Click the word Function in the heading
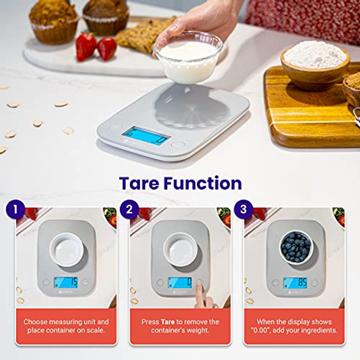click(205, 183)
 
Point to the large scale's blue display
click(146, 134)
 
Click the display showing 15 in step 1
click(66, 282)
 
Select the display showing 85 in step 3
click(295, 282)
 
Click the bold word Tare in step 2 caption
click(167, 322)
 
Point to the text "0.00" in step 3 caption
click(261, 330)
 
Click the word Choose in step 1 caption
click(36, 322)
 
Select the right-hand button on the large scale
click(177, 144)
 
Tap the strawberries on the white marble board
click(96, 47)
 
